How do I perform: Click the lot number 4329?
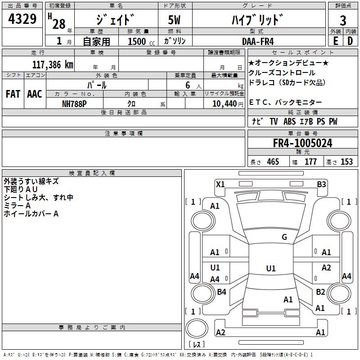click(x=22, y=19)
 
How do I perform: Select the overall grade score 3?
click(x=343, y=20)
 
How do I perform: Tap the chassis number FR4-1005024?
click(x=303, y=143)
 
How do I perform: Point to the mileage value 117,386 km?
click(x=53, y=64)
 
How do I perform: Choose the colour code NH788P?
click(x=75, y=103)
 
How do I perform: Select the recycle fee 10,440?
click(x=220, y=103)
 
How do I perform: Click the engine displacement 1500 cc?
click(x=137, y=41)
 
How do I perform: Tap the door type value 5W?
click(x=175, y=20)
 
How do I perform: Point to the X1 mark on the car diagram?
click(x=220, y=184)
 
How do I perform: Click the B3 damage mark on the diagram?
click(x=321, y=184)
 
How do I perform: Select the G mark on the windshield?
click(x=284, y=237)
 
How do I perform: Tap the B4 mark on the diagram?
click(x=221, y=292)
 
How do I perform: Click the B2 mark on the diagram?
click(x=320, y=292)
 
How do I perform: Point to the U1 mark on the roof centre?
click(x=270, y=269)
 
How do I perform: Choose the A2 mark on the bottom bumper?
click(x=220, y=332)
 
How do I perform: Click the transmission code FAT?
click(x=13, y=94)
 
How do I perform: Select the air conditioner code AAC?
click(x=35, y=94)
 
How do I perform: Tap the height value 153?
click(x=346, y=162)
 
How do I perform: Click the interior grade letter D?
click(x=350, y=41)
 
